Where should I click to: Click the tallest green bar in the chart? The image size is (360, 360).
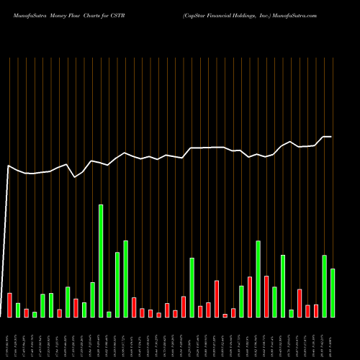101,261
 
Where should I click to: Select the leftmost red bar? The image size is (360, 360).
9,305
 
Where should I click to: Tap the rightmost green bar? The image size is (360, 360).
333,293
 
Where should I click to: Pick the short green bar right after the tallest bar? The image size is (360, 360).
109,314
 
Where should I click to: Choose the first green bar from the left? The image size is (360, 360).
18,310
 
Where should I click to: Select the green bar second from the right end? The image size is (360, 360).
325,286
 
